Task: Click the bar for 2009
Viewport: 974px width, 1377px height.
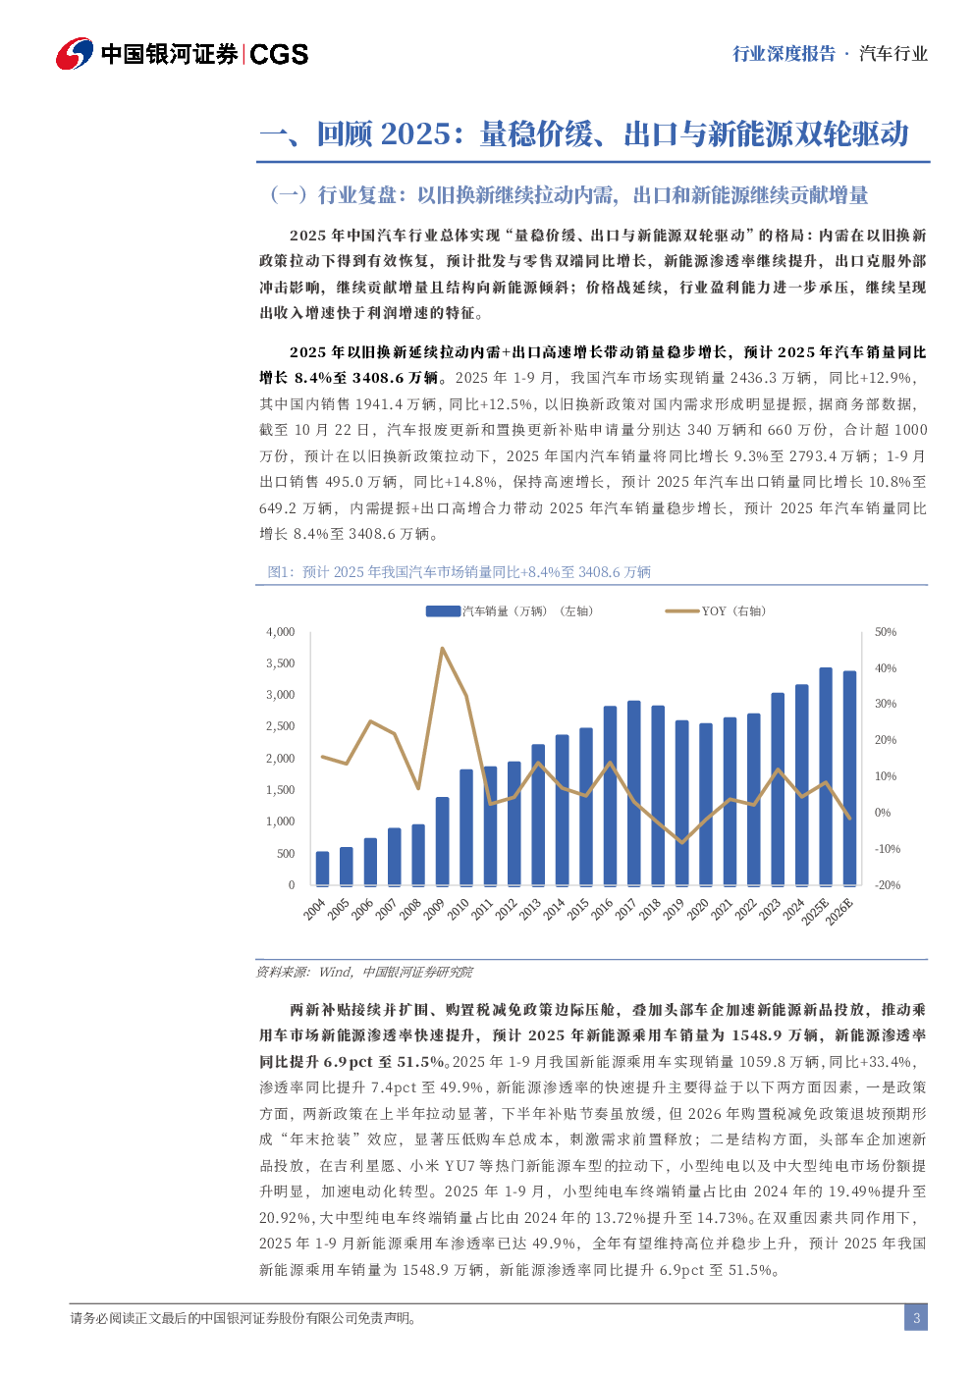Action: [x=442, y=840]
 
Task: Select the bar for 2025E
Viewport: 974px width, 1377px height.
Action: [x=826, y=776]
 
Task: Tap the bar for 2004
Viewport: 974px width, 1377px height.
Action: [x=322, y=868]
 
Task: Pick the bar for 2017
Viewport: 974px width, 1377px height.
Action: [x=633, y=793]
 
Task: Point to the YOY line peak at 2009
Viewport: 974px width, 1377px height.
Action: [x=442, y=649]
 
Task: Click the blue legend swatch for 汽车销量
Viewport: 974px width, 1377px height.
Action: [x=443, y=611]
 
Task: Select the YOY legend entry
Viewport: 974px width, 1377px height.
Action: [x=716, y=611]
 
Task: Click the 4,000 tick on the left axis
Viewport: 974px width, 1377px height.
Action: [x=281, y=632]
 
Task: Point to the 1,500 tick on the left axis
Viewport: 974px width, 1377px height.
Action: [x=281, y=790]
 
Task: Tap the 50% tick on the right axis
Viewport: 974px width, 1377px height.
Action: [x=886, y=632]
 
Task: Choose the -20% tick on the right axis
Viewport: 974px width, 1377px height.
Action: [x=888, y=885]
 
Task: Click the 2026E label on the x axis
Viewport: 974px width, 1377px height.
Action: [x=839, y=912]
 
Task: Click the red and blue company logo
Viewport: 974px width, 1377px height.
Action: [x=75, y=53]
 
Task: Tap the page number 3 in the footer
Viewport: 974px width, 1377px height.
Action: [x=916, y=1318]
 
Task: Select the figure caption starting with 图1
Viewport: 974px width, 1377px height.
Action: [x=460, y=572]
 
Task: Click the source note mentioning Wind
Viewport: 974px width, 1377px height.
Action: [x=364, y=972]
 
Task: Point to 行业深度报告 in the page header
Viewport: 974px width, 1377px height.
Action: [x=784, y=54]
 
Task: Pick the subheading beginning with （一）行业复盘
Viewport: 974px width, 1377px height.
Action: [x=568, y=195]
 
